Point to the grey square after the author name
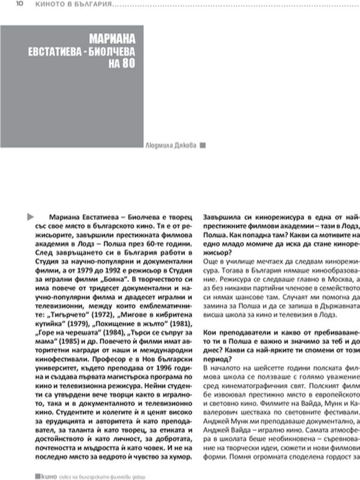[x=202, y=145]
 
